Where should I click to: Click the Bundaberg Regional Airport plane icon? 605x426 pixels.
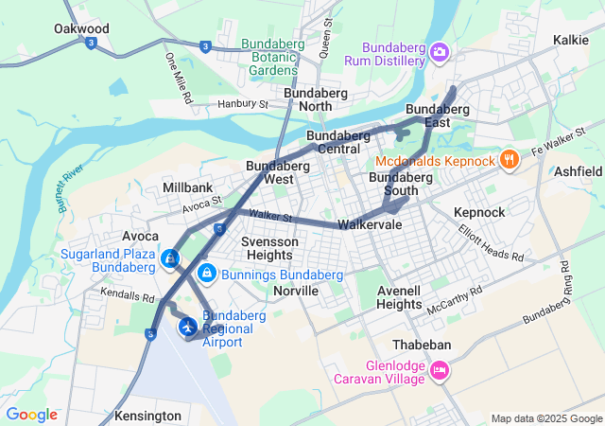point(188,327)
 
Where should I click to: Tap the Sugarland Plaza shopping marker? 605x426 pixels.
point(170,257)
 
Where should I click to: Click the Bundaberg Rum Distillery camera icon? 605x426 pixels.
point(439,50)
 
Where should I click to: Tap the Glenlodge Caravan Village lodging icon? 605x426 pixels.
point(439,370)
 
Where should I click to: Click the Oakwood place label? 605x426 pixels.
point(81,29)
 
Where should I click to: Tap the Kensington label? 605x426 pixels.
point(147,416)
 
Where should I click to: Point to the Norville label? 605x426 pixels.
point(295,291)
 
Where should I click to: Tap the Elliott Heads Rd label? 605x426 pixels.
point(492,243)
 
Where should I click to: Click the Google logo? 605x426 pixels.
point(31,415)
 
